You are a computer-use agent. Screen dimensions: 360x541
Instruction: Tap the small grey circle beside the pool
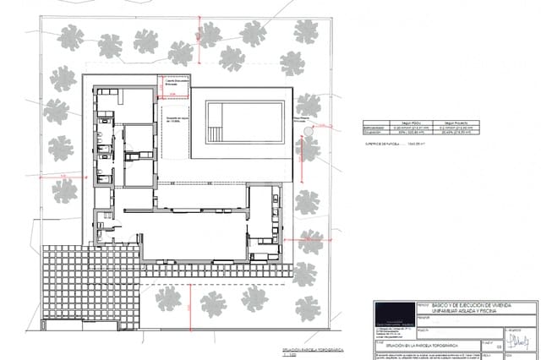(x=309, y=132)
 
